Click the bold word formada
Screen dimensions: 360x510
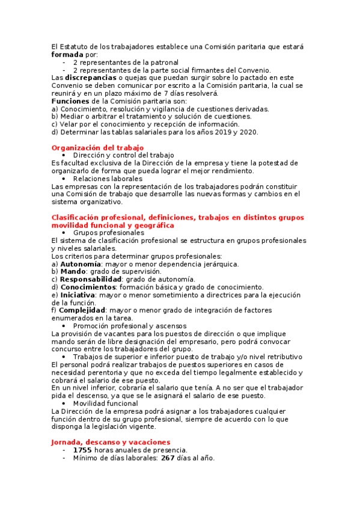click(x=67, y=54)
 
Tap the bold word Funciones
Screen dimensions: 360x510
click(x=70, y=101)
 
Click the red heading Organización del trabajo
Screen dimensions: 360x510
click(x=97, y=147)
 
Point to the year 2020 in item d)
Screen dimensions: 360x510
click(x=249, y=132)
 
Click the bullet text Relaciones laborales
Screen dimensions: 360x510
click(x=108, y=179)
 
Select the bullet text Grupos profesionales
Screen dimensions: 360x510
click(x=109, y=232)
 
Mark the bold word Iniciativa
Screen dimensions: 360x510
click(x=77, y=295)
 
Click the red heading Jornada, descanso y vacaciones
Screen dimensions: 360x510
click(x=111, y=442)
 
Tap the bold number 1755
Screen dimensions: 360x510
click(x=83, y=450)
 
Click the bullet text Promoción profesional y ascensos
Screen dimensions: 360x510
click(x=130, y=326)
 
